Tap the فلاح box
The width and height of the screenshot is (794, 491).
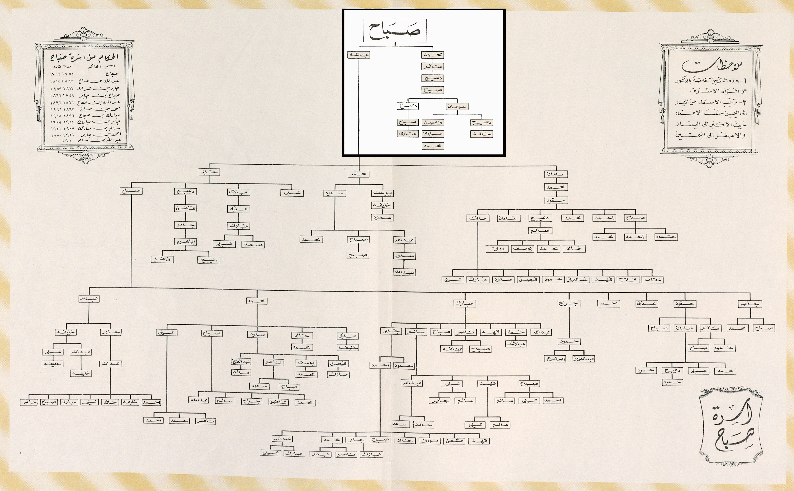coord(628,279)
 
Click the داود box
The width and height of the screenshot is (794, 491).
coord(497,249)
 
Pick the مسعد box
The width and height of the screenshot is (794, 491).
coord(253,244)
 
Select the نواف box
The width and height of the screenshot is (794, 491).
coord(430,441)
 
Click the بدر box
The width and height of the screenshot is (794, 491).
coord(320,454)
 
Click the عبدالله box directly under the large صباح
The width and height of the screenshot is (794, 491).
coord(359,55)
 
